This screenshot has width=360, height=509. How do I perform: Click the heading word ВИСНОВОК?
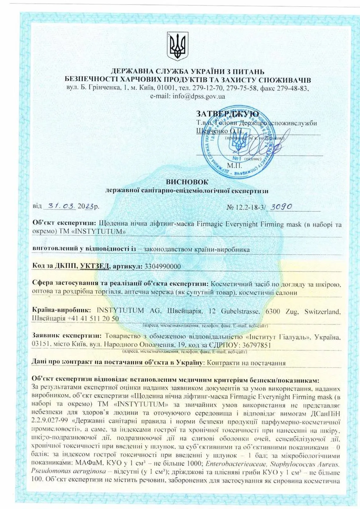click(x=187, y=182)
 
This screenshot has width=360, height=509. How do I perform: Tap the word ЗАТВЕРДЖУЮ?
click(x=227, y=114)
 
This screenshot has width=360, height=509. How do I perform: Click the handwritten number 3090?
click(x=281, y=206)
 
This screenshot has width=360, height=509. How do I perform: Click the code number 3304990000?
click(x=162, y=266)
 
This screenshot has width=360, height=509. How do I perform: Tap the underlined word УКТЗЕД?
click(x=95, y=266)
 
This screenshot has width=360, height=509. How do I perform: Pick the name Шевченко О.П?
click(x=219, y=131)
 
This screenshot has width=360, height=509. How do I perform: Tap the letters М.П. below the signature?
click(x=235, y=166)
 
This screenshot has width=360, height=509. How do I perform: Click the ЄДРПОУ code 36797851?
click(x=257, y=345)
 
